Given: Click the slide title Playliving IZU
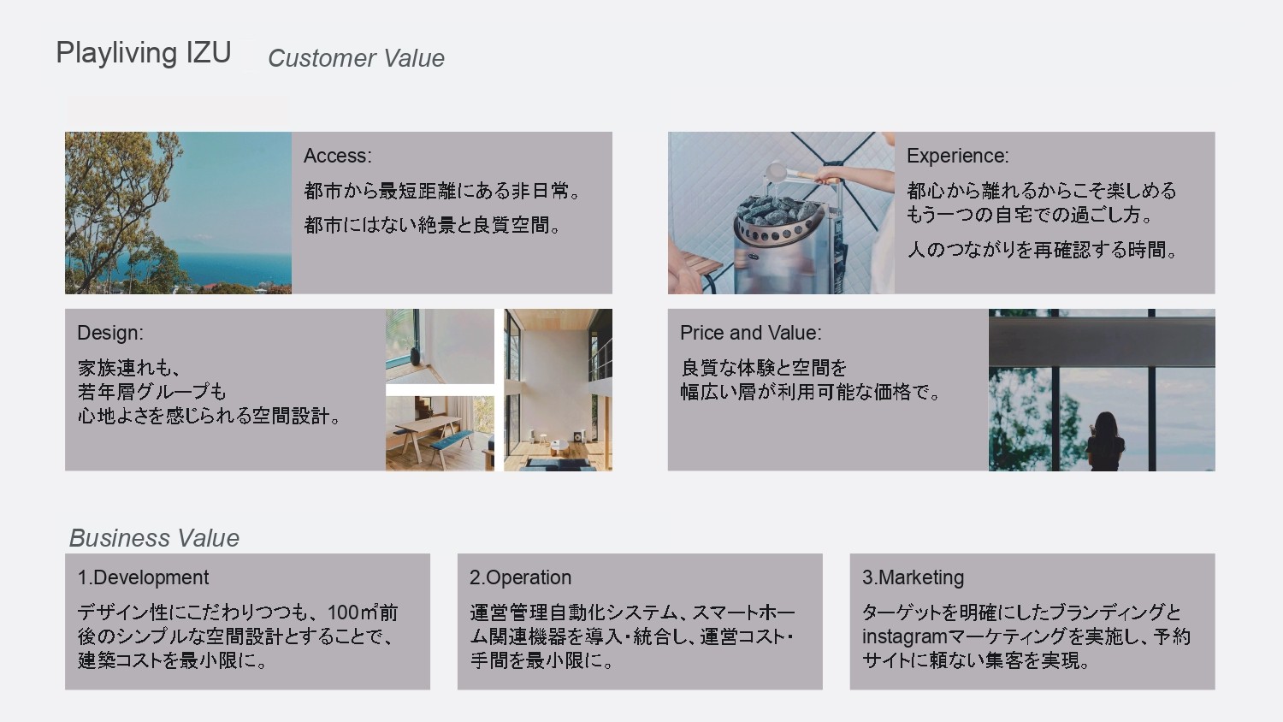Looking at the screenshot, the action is (x=144, y=53).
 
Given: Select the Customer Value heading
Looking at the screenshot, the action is (x=356, y=58).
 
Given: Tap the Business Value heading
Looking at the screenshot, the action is (x=154, y=538).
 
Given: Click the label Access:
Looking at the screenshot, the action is (x=337, y=156).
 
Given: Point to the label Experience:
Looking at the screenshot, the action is (x=958, y=156).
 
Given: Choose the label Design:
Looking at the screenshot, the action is (x=110, y=333).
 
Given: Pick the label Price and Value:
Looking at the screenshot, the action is (x=750, y=333).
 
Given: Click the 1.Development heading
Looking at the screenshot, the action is (x=143, y=577).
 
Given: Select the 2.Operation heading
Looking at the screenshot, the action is (x=520, y=577).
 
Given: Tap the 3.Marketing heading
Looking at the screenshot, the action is (x=913, y=577).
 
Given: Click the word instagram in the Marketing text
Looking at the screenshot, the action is (x=904, y=636).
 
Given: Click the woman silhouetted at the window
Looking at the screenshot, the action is (x=1105, y=441).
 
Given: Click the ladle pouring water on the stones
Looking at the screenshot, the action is (x=802, y=173).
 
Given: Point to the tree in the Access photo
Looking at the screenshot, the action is (x=121, y=206).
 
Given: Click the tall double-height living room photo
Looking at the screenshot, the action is (x=558, y=390).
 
